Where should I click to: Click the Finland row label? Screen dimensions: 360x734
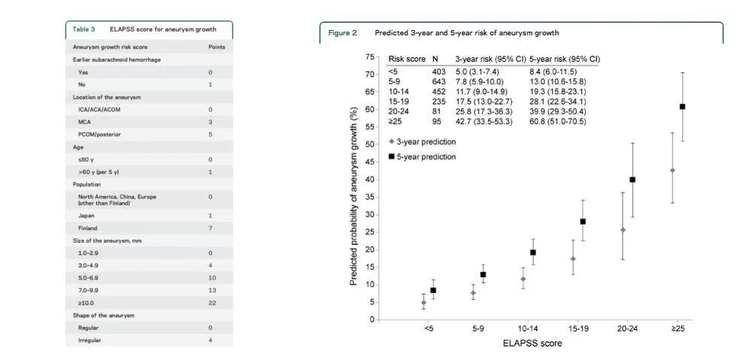click(88, 228)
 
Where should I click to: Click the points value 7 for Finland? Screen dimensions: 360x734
click(210, 228)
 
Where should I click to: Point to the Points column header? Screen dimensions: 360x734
click(216, 47)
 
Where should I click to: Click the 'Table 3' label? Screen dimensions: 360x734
click(83, 29)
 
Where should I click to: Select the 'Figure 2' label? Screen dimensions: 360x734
click(342, 33)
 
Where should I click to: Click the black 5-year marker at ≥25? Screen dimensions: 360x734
click(682, 106)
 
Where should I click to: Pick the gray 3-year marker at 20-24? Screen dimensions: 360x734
click(623, 230)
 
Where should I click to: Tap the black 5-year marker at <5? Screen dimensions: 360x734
click(433, 290)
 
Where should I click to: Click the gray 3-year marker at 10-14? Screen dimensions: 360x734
click(523, 279)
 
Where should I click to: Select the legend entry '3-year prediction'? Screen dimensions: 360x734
click(426, 141)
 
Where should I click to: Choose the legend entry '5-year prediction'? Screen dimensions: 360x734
click(426, 156)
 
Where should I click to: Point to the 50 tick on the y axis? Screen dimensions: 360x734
click(370, 144)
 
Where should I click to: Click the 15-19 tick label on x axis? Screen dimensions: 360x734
click(578, 329)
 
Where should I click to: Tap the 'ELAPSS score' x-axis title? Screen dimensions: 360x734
click(532, 343)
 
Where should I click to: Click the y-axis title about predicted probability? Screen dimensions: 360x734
click(353, 195)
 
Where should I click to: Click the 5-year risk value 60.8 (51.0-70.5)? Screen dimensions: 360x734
click(557, 121)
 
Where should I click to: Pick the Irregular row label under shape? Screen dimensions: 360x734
click(89, 340)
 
